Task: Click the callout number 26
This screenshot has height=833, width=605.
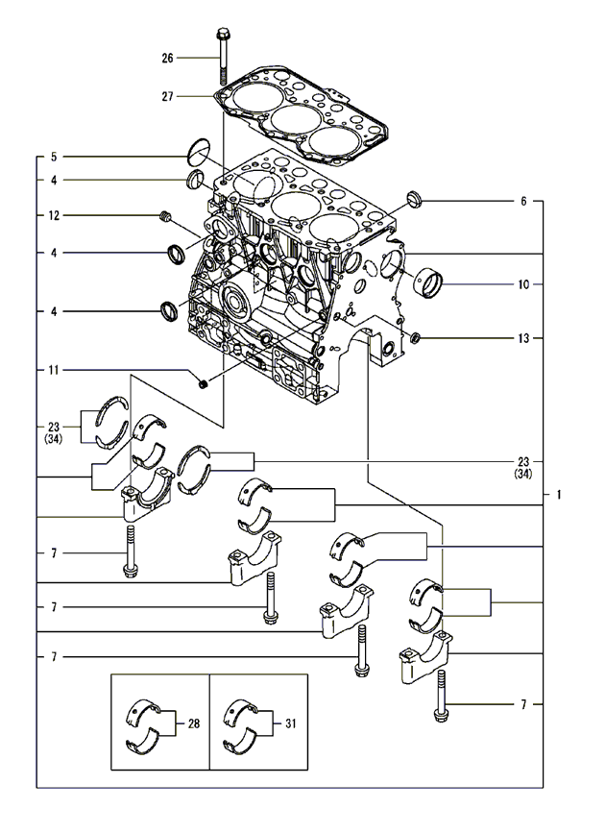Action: click(x=167, y=58)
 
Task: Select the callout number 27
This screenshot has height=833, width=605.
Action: click(x=167, y=97)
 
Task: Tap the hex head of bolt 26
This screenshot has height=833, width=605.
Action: click(x=222, y=34)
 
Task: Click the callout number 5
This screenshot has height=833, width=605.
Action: click(x=54, y=157)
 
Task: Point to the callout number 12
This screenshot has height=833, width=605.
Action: click(x=54, y=215)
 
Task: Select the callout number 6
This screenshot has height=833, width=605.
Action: click(x=523, y=202)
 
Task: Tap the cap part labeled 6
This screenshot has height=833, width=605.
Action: click(x=414, y=199)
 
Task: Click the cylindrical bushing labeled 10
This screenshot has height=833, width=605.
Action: click(x=428, y=283)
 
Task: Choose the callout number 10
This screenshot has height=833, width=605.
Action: click(x=523, y=284)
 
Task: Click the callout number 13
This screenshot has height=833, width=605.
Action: click(x=523, y=338)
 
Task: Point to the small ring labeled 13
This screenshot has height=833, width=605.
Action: click(x=416, y=337)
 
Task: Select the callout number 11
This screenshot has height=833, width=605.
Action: click(x=54, y=370)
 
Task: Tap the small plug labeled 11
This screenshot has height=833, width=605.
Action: click(x=203, y=383)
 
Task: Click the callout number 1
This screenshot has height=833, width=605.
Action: click(x=558, y=495)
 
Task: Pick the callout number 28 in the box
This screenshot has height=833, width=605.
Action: click(x=194, y=723)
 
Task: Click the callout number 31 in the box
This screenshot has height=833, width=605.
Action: click(x=291, y=723)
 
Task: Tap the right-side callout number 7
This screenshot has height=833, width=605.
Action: click(x=523, y=704)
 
